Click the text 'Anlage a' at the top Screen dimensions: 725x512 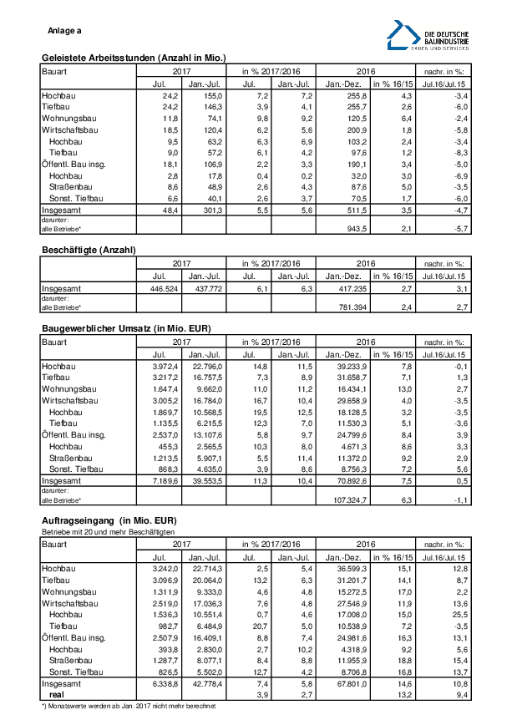tap(65, 31)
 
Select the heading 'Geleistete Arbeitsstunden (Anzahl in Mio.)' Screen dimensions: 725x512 tap(134, 58)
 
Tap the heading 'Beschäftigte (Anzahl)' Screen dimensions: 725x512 tap(89, 250)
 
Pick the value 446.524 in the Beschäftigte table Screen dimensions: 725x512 tap(158, 288)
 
